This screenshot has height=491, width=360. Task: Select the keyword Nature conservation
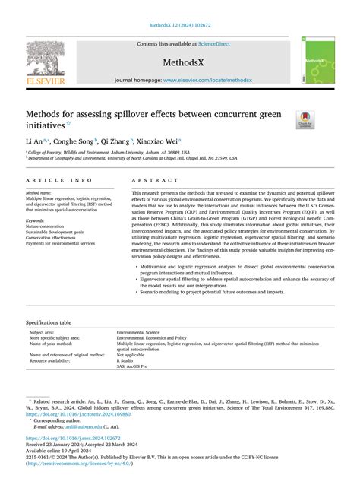[x=45, y=226]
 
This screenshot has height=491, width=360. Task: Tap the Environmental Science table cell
[x=139, y=332]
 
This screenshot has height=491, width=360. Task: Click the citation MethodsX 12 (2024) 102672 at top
[x=179, y=25]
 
